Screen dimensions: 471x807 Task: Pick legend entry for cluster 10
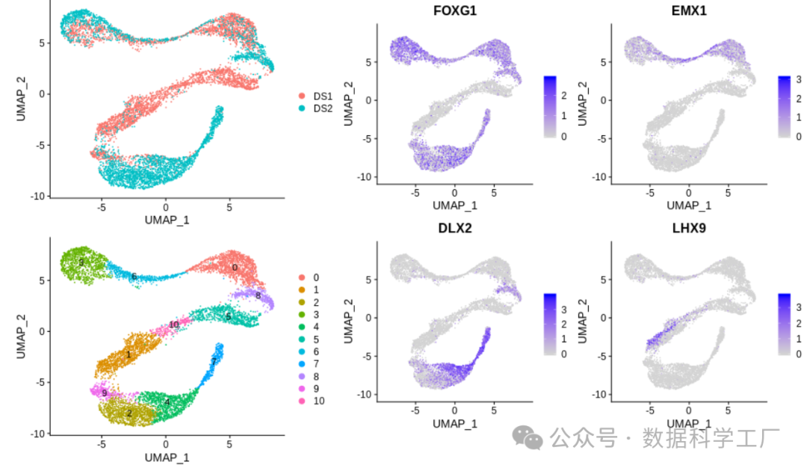tap(319, 401)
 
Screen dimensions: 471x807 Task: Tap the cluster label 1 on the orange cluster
tap(129, 354)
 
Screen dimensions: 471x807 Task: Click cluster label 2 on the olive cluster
tap(129, 413)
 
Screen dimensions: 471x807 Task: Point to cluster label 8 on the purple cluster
tap(258, 296)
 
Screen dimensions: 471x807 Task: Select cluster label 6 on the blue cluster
tap(134, 277)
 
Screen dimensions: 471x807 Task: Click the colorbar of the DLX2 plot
tap(550, 322)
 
